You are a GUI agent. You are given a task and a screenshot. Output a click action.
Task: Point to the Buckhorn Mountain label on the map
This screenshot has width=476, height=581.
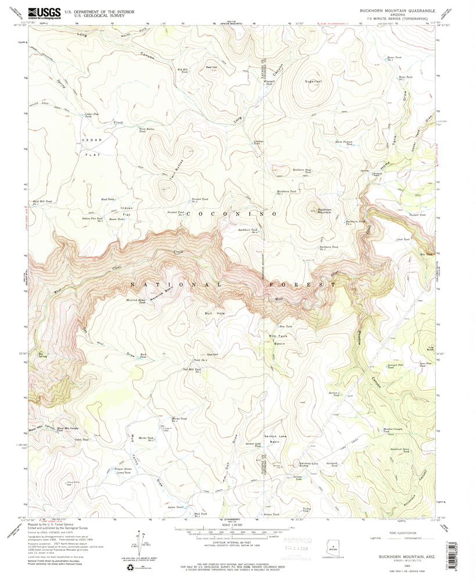pyautogui.click(x=324, y=211)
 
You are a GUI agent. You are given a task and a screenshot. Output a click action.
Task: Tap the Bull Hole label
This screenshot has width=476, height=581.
pyautogui.click(x=214, y=313)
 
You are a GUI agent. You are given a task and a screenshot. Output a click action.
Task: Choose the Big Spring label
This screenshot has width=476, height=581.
pyautogui.click(x=42, y=352)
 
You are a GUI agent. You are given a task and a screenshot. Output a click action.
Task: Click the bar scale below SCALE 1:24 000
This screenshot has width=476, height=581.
pyautogui.click(x=238, y=530)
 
